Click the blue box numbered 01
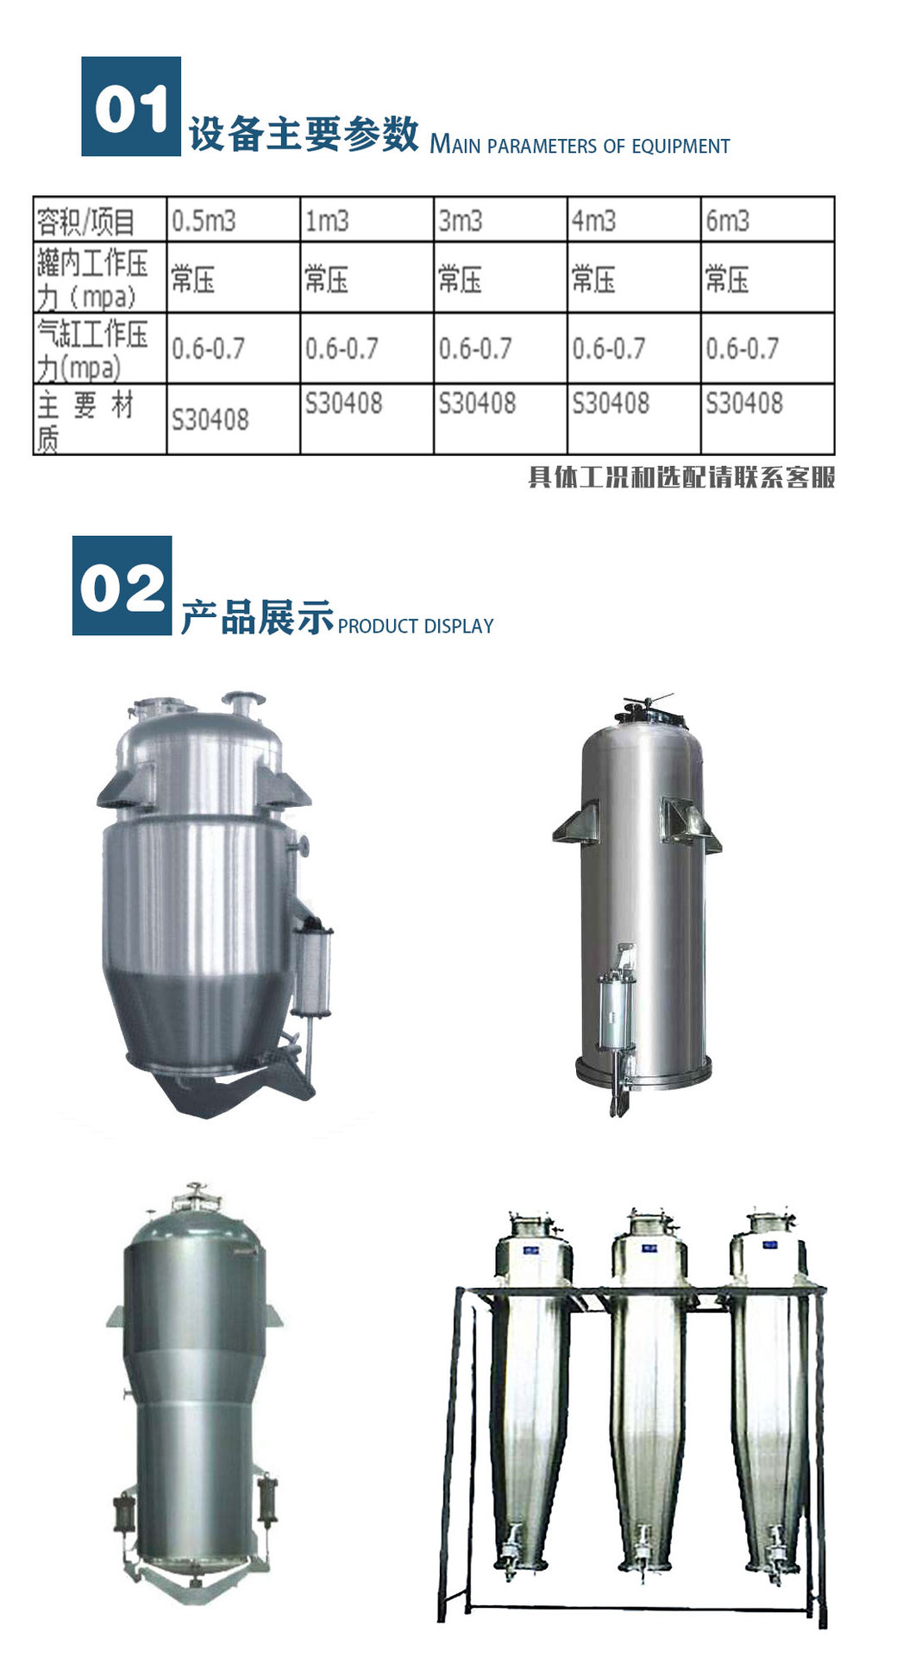click(131, 106)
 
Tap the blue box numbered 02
click(122, 585)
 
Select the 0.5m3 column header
click(204, 221)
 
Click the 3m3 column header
click(460, 221)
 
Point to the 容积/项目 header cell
click(85, 222)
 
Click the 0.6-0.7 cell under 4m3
click(609, 349)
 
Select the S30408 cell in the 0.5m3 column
click(210, 420)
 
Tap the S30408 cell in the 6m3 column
click(743, 403)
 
